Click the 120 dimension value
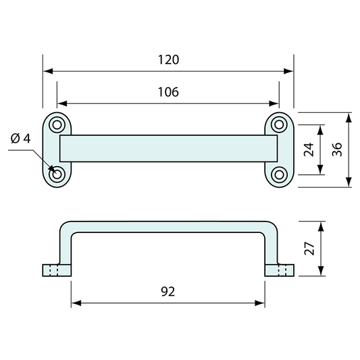tap(168, 59)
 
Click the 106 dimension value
tap(168, 93)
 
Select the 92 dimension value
tap(168, 292)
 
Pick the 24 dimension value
tap(309, 149)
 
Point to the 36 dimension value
tap(337, 149)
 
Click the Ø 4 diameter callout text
tap(21, 139)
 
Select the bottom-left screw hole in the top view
tap(57, 174)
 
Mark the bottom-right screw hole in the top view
tap(279, 174)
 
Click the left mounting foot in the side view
tap(52, 270)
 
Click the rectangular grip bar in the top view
tap(168, 149)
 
